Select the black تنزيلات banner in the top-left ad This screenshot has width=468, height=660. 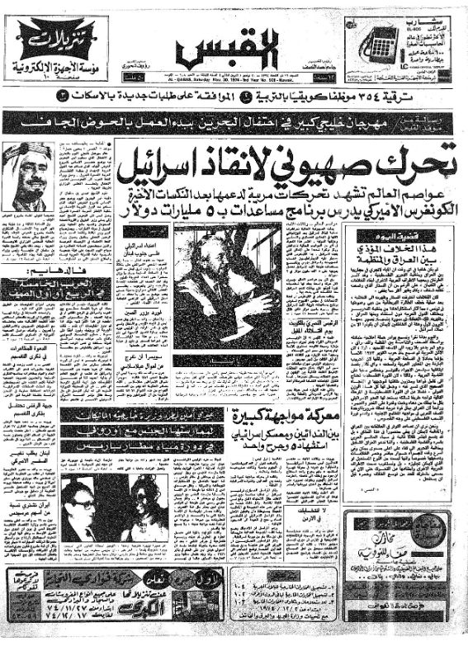54,36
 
